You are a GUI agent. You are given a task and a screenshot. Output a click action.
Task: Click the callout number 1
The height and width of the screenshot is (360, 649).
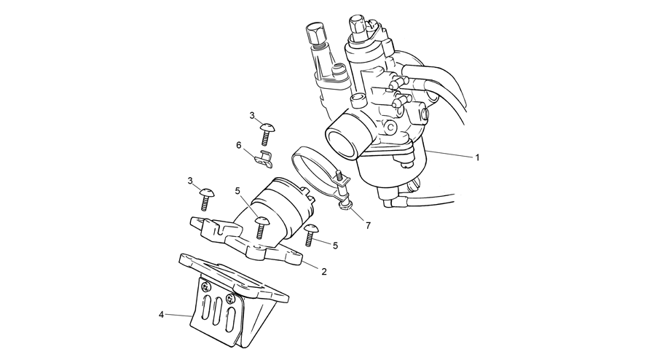click(x=477, y=157)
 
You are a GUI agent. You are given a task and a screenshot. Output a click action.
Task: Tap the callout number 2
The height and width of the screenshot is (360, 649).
click(x=324, y=272)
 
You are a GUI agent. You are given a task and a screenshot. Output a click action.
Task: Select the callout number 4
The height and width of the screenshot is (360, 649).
click(x=161, y=315)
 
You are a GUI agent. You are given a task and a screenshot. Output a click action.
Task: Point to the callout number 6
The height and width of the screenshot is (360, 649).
click(x=238, y=145)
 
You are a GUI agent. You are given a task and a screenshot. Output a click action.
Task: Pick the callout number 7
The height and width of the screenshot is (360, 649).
click(x=368, y=225)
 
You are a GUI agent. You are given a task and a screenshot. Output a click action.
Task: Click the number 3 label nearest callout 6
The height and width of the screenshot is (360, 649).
click(x=252, y=116)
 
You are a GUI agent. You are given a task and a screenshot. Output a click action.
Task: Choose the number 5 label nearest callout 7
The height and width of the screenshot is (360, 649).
click(x=335, y=246)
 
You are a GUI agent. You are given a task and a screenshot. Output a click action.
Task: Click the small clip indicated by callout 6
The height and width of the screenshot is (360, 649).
click(x=264, y=160)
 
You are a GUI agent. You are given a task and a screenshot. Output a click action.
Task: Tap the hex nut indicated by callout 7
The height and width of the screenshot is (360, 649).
click(x=344, y=205)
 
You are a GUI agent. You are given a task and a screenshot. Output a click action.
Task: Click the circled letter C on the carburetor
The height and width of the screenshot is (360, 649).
click(x=390, y=128)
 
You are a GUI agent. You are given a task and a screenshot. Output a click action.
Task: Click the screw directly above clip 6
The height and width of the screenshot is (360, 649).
click(x=266, y=134)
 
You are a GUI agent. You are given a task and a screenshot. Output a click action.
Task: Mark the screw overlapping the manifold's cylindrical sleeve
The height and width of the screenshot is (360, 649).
click(x=261, y=227)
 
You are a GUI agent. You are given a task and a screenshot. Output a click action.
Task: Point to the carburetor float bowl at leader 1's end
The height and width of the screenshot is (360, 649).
click(x=393, y=170)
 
